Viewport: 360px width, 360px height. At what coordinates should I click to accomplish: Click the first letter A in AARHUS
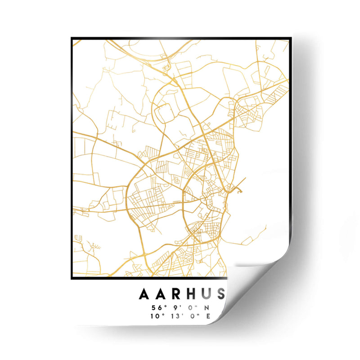click(x=145, y=294)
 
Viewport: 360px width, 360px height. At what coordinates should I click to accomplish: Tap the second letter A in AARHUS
click(x=161, y=294)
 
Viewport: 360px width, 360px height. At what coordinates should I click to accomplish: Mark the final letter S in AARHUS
click(x=220, y=294)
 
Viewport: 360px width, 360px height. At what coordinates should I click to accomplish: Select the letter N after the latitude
click(x=207, y=308)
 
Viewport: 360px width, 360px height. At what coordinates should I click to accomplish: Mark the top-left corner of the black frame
click(x=72, y=38)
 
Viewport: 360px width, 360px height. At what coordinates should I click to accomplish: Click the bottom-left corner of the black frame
click(x=72, y=279)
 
